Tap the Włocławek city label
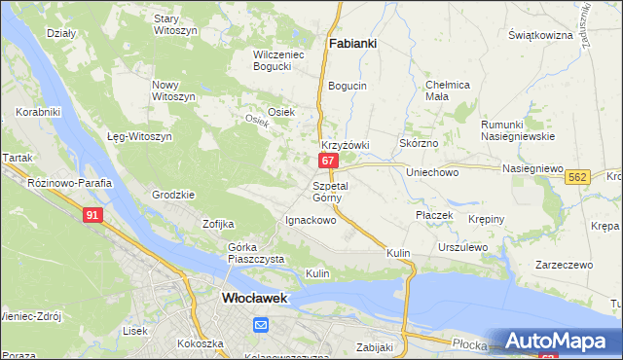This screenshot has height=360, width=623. pos(254,300)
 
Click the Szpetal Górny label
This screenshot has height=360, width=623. pos(330,191)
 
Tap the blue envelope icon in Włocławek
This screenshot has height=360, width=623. pos(261,324)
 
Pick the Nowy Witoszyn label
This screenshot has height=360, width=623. pos(174,90)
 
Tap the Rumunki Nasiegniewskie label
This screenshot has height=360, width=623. pos(517,130)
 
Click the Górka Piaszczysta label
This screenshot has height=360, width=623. pos(255,253)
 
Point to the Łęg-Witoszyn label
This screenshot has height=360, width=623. pos(139,136)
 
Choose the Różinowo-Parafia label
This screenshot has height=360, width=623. pos(70,183)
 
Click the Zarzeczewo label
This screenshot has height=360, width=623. pos(564,264)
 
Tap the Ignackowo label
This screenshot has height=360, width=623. pos(310,220)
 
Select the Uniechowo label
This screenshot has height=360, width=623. pos(432,172)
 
